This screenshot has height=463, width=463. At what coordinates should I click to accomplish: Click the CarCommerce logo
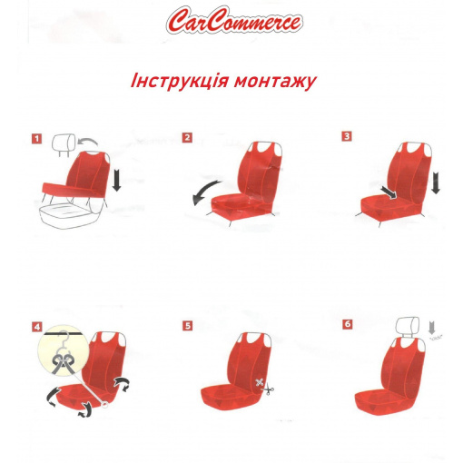234,20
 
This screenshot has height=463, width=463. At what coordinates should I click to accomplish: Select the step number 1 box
36,139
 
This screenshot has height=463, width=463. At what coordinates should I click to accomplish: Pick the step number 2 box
187,138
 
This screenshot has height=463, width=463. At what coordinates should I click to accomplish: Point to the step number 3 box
347,136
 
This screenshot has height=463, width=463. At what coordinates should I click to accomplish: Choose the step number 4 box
37,327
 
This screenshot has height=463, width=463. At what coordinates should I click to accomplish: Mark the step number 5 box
188,326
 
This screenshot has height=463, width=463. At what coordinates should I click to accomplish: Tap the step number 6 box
348,324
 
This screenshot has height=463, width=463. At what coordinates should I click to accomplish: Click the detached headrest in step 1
64,144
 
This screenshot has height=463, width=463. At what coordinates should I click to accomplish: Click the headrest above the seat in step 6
408,327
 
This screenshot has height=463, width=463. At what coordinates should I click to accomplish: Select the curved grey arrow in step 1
88,141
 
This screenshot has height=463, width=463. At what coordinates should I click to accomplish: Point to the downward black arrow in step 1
116,180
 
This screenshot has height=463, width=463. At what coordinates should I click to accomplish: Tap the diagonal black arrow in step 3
389,192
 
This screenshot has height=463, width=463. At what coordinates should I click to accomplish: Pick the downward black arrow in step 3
436,182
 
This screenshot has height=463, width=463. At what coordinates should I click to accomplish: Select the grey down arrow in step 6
432,329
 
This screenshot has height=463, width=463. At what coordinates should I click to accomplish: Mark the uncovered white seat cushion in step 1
68,214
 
